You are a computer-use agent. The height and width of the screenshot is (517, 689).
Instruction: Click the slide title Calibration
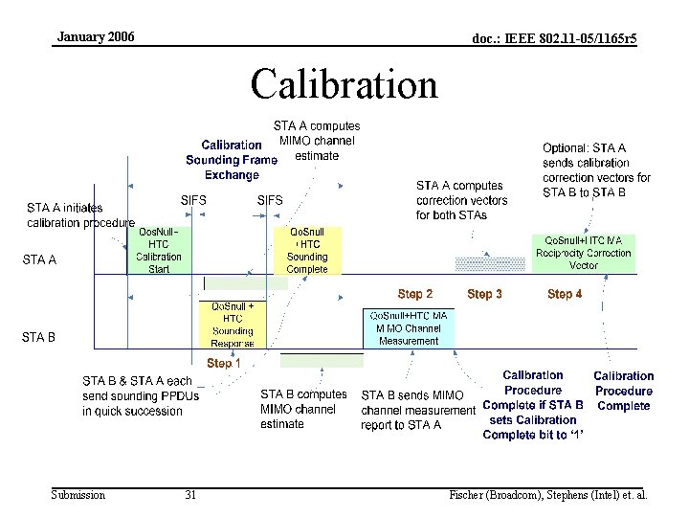point(344,84)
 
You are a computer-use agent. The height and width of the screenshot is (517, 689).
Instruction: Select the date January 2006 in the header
point(96,37)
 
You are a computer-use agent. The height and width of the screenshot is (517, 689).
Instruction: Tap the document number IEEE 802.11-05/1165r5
point(554,38)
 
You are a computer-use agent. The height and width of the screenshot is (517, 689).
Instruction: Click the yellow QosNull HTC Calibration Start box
point(159,250)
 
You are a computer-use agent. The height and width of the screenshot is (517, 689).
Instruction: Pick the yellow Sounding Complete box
point(306,250)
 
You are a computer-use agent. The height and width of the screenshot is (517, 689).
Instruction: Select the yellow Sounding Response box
point(233,325)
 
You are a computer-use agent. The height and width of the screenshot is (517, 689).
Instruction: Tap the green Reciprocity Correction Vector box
point(584,253)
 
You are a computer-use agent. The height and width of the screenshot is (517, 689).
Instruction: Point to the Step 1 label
point(224,364)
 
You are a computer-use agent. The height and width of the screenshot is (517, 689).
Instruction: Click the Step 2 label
point(415,294)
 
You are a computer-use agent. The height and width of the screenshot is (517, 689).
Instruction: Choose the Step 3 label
point(484,294)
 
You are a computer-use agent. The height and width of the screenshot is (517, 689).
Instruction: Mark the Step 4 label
point(565,294)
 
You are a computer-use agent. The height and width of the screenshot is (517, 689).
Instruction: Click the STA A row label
point(39,259)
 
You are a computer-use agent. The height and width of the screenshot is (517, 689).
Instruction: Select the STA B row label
point(39,337)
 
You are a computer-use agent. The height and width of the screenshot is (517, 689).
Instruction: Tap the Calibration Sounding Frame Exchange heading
point(232,160)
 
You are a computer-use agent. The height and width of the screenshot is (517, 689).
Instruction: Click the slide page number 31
point(190,495)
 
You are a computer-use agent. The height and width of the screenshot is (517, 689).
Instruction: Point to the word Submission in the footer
point(78,495)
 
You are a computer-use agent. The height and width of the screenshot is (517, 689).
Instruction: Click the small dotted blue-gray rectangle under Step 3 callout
point(489,262)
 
